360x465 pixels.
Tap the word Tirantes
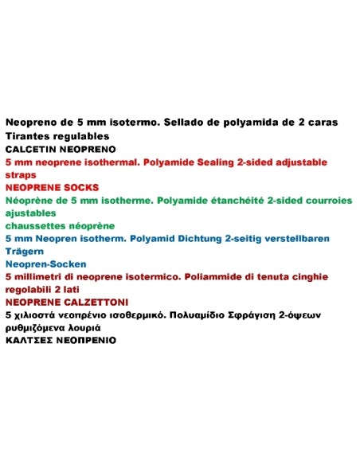[26, 135]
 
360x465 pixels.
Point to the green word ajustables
[31, 213]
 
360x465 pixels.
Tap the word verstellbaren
[299, 238]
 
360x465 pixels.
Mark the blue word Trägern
[24, 251]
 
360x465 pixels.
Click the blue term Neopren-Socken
[46, 264]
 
